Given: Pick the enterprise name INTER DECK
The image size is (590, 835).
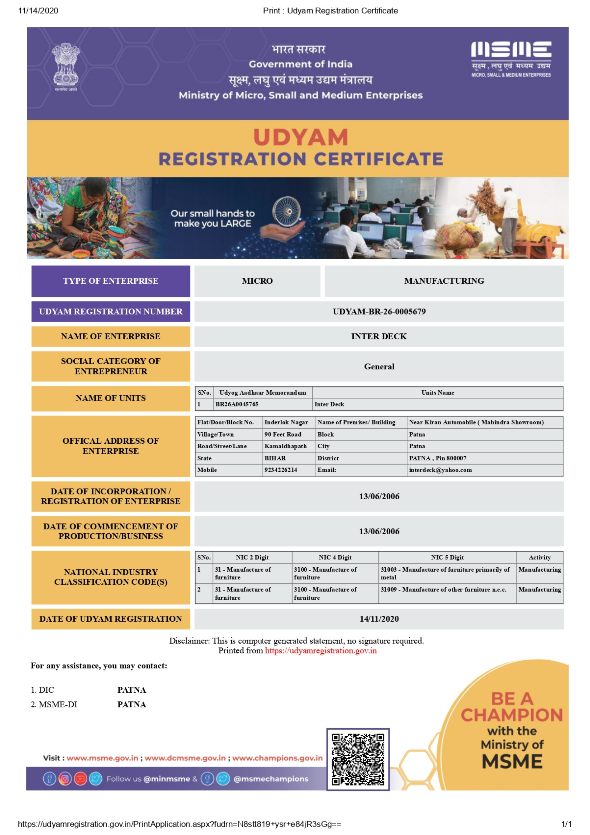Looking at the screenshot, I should click(379, 336).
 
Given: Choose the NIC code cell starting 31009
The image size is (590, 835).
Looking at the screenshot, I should click(443, 590).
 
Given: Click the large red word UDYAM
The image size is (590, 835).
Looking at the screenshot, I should click(301, 137).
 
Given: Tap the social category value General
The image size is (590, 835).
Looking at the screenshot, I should click(379, 367).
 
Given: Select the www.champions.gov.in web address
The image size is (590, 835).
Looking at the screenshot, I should click(277, 758).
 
